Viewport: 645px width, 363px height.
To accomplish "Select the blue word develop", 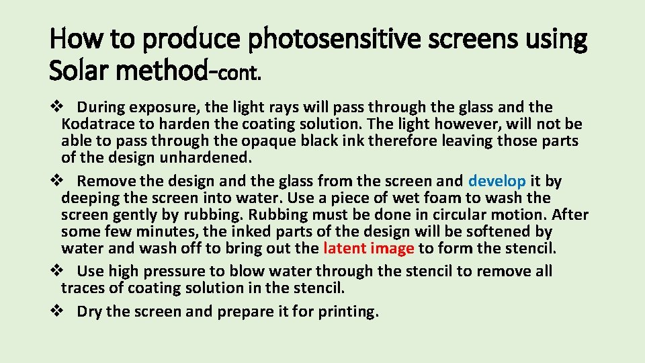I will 497,182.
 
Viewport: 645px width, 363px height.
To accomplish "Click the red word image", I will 393,248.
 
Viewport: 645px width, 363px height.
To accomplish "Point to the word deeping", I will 87,198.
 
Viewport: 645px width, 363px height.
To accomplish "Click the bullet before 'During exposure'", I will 57,107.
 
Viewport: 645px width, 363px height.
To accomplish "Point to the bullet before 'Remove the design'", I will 57,181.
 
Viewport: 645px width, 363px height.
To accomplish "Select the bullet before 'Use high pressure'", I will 57,271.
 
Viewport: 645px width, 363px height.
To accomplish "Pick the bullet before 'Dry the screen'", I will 57,311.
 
